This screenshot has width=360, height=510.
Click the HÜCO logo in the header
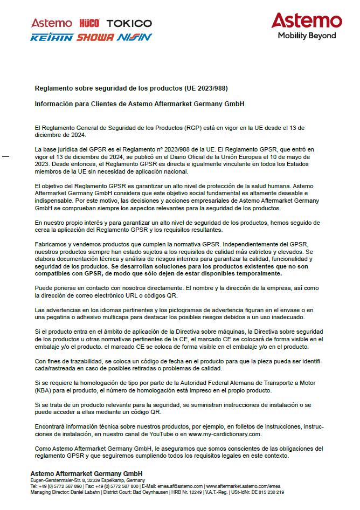tap(89, 23)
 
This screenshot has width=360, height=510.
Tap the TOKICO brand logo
tap(129, 23)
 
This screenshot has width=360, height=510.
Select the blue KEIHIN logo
tap(51, 38)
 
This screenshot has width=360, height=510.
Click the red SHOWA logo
tap(95, 38)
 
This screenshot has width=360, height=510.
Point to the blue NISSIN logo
tap(134, 38)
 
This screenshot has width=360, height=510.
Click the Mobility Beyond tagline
tap(307, 36)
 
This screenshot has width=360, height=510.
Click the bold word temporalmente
tap(257, 273)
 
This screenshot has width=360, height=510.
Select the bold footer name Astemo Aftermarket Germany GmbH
tap(86, 473)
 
